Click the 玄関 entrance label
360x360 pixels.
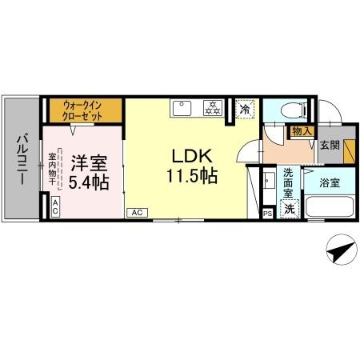coord(329,146)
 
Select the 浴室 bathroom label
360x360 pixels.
coord(328,183)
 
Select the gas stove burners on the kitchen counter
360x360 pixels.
coord(213,106)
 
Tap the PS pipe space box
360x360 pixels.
coord(266,214)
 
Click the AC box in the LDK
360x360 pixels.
coord(136,213)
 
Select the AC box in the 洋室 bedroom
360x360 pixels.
coord(54,206)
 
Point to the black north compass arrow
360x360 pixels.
coord(339,253)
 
